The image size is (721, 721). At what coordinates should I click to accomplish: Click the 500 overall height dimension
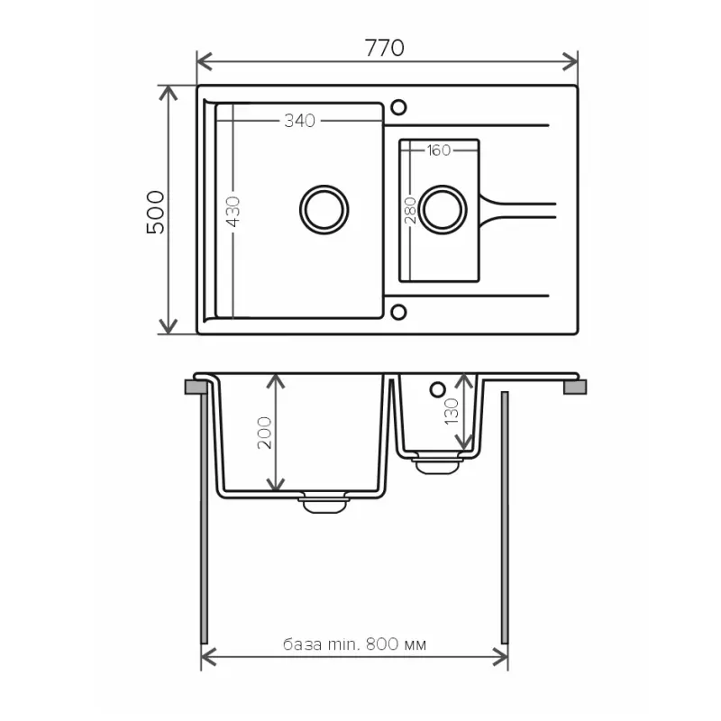(156, 212)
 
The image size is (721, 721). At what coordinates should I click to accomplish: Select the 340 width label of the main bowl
(299, 122)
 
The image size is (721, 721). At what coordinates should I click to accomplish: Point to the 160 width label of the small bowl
(438, 151)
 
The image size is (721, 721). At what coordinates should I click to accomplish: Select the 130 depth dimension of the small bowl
(452, 413)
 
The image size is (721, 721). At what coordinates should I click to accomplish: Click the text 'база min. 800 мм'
(354, 645)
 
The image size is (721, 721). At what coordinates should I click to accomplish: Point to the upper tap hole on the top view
(397, 107)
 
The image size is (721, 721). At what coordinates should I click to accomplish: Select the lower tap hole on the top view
(397, 314)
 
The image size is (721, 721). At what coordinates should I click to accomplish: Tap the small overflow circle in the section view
(438, 389)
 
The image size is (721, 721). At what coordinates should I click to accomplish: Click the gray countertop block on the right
(574, 388)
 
